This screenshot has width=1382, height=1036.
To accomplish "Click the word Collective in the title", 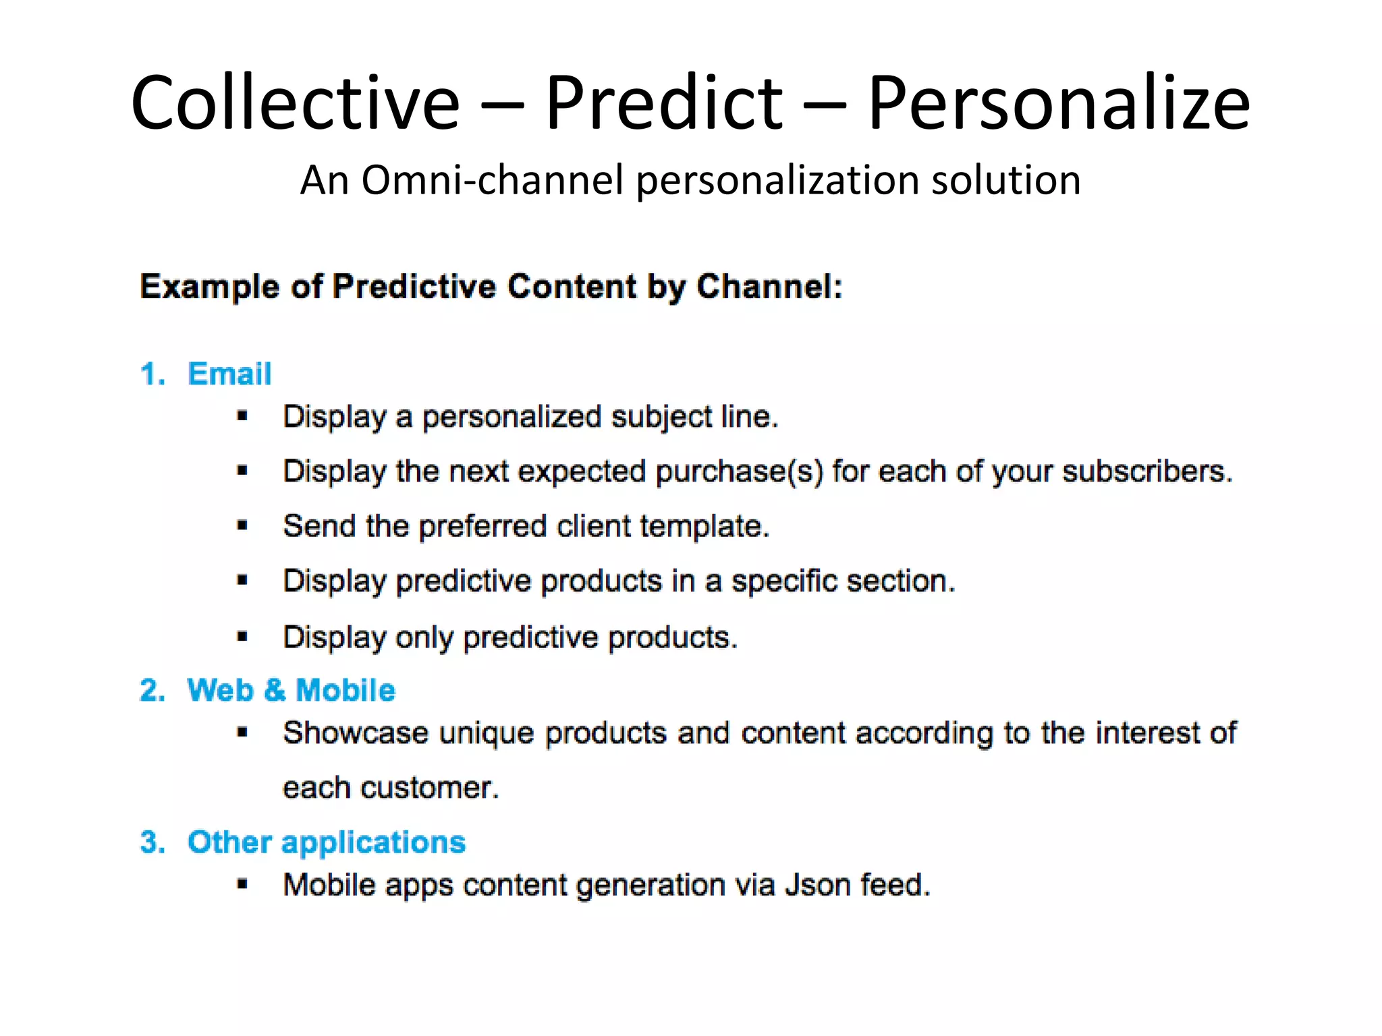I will pos(295,103).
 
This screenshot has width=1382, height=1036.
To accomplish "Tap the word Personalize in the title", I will pos(1058,103).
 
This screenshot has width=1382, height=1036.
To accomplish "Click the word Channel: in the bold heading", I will pos(769,286).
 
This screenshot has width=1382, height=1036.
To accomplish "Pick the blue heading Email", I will pos(229,374).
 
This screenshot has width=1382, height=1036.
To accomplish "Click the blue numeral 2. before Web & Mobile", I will pos(153,690).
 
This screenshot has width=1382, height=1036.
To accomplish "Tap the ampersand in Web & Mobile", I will pos(275,690).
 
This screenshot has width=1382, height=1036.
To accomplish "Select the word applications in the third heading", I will pos(373,842).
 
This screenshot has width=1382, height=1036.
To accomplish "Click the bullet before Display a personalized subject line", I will pos(243,416).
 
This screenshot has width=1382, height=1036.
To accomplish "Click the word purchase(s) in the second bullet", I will pos(739,471).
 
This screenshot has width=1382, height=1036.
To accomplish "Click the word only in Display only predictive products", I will pos(424,637).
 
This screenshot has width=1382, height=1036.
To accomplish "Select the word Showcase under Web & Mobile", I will pos(355,733).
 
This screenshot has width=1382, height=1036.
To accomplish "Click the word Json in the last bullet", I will pos(817,885).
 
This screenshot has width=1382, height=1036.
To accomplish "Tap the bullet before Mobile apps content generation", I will pos(243,884).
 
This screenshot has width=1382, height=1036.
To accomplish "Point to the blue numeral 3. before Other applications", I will pos(153,842).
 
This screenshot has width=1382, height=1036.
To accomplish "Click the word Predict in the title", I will pos(663,103).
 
